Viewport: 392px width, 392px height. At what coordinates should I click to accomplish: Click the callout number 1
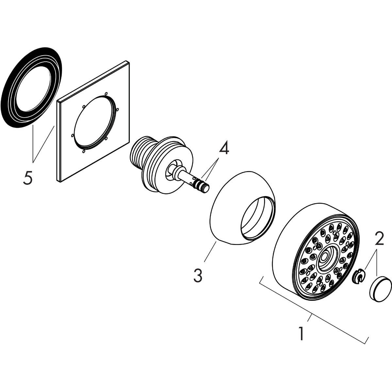click(x=301, y=330)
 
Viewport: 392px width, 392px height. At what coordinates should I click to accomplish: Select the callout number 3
click(x=198, y=275)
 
